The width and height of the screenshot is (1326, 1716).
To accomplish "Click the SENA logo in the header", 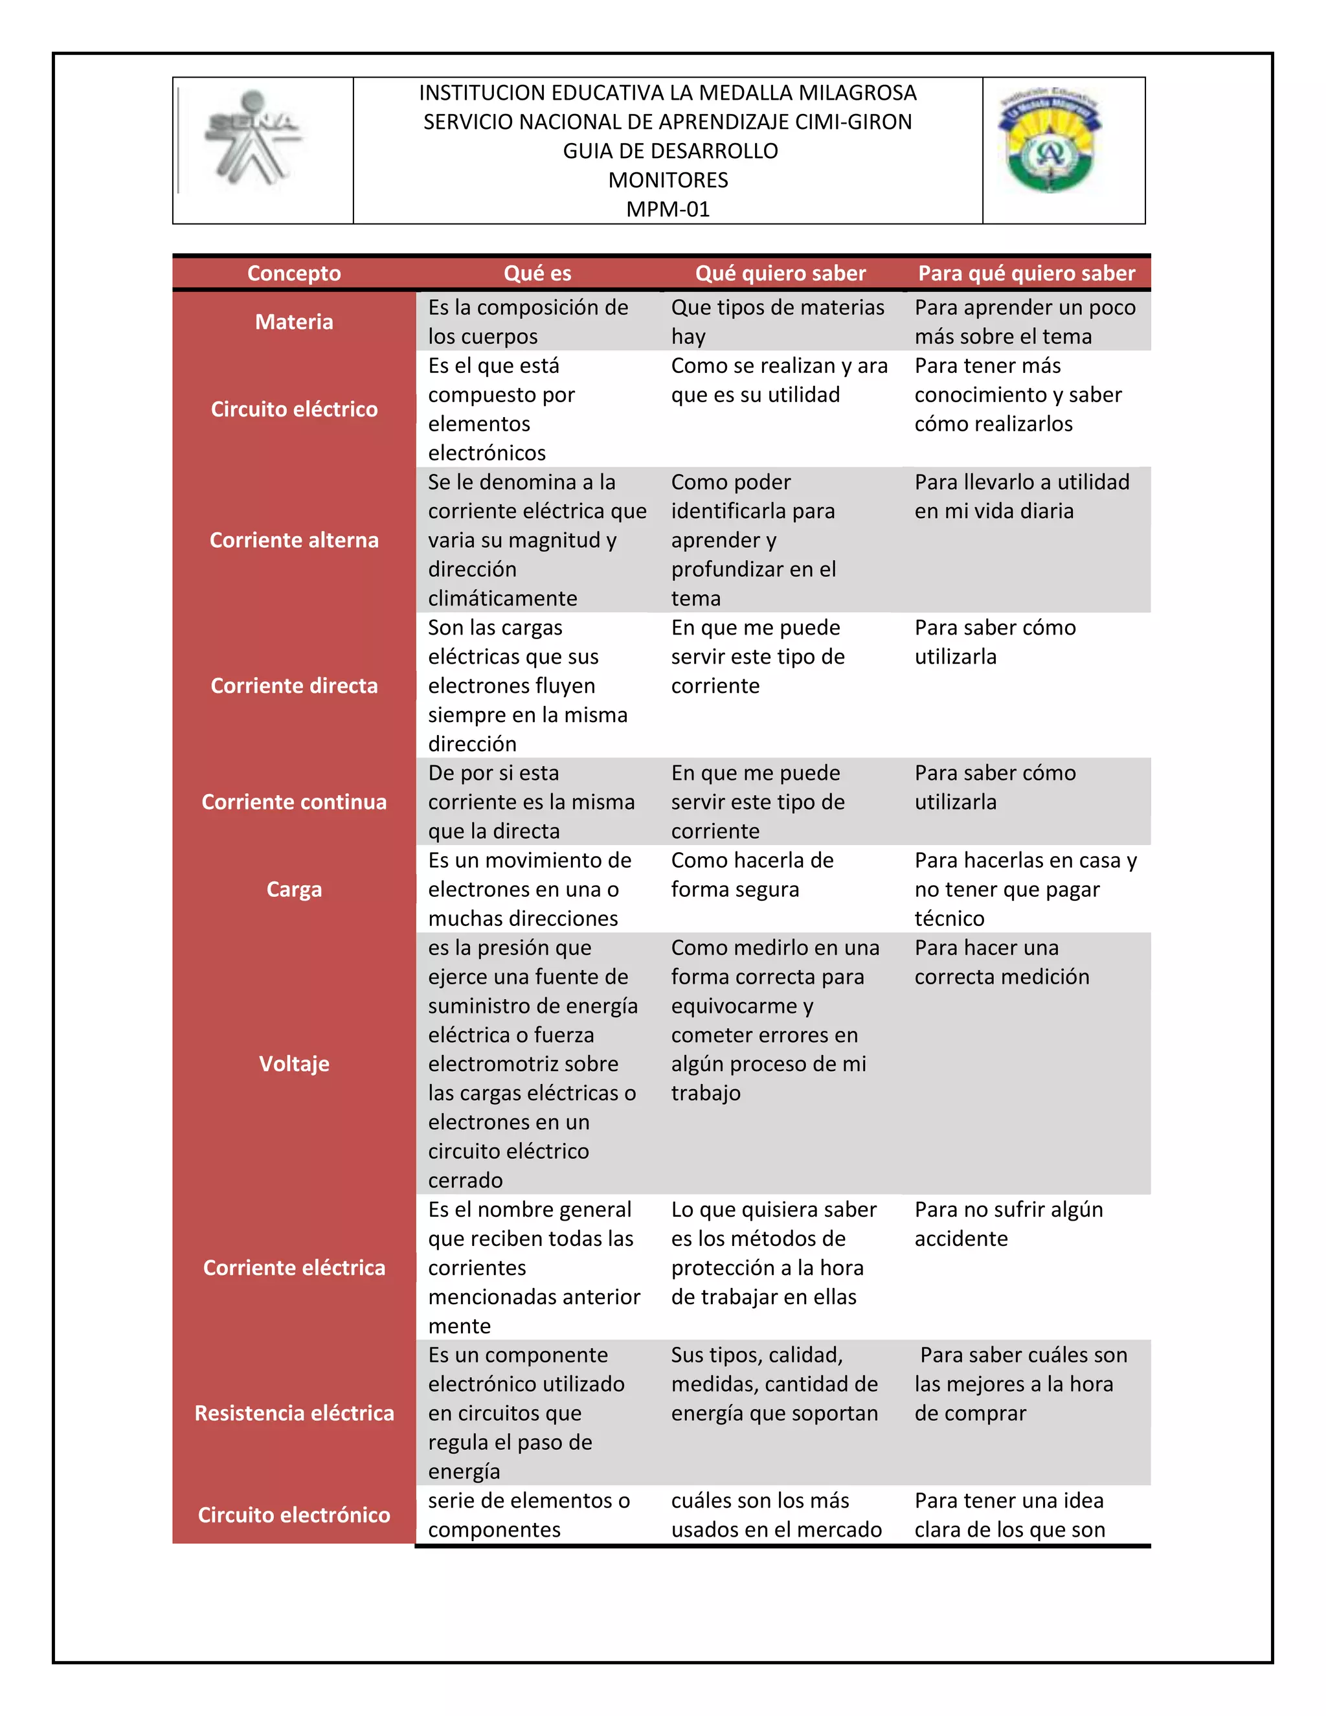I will [253, 140].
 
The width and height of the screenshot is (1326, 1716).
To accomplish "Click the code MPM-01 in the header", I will [668, 209].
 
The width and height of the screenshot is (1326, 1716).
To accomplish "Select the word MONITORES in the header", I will [668, 180].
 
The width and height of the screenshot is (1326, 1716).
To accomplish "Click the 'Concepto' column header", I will [294, 273].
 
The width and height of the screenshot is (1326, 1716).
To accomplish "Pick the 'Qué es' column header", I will [537, 273].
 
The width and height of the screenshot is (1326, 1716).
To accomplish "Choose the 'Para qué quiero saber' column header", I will [1027, 273].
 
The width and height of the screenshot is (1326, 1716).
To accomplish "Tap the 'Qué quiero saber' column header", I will [780, 273].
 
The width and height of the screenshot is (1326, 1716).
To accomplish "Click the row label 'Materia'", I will [294, 321].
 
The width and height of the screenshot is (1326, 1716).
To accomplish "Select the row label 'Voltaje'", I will [294, 1063].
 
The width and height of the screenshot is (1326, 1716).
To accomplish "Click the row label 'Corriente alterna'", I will [294, 540].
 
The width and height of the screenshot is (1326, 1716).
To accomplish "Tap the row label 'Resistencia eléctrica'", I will [294, 1413].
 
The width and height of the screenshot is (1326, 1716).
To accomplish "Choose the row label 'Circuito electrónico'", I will [294, 1515].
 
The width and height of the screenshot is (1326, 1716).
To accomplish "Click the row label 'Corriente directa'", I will [294, 685].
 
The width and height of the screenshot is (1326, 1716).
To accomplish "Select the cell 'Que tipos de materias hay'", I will [777, 321].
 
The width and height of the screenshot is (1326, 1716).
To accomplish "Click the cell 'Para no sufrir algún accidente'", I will [1008, 1223].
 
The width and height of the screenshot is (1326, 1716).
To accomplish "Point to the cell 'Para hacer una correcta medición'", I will [1002, 962].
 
